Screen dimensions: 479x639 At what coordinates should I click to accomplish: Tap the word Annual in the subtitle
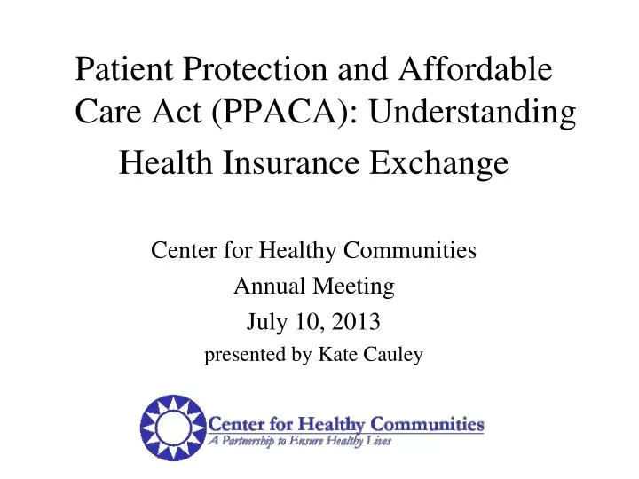263,287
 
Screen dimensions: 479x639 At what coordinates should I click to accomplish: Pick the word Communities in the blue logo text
427,423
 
